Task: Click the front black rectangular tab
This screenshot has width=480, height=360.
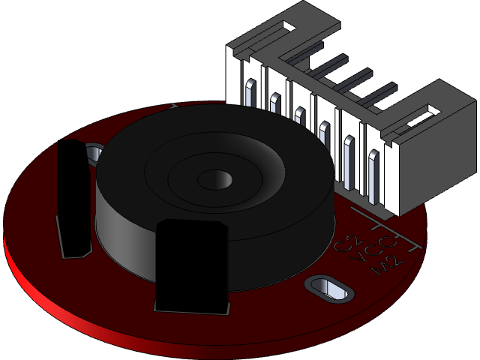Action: point(190,266)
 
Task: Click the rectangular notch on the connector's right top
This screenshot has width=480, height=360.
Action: point(433,110)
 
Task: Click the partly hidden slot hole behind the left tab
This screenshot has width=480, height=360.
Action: point(94,154)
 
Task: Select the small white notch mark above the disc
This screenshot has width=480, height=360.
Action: point(173,105)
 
